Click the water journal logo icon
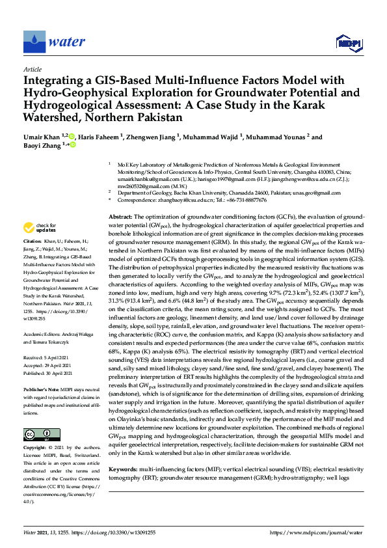point(34,42)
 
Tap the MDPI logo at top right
point(349,44)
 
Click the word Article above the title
point(33,68)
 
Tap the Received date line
point(47,339)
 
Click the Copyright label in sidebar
point(36,430)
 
